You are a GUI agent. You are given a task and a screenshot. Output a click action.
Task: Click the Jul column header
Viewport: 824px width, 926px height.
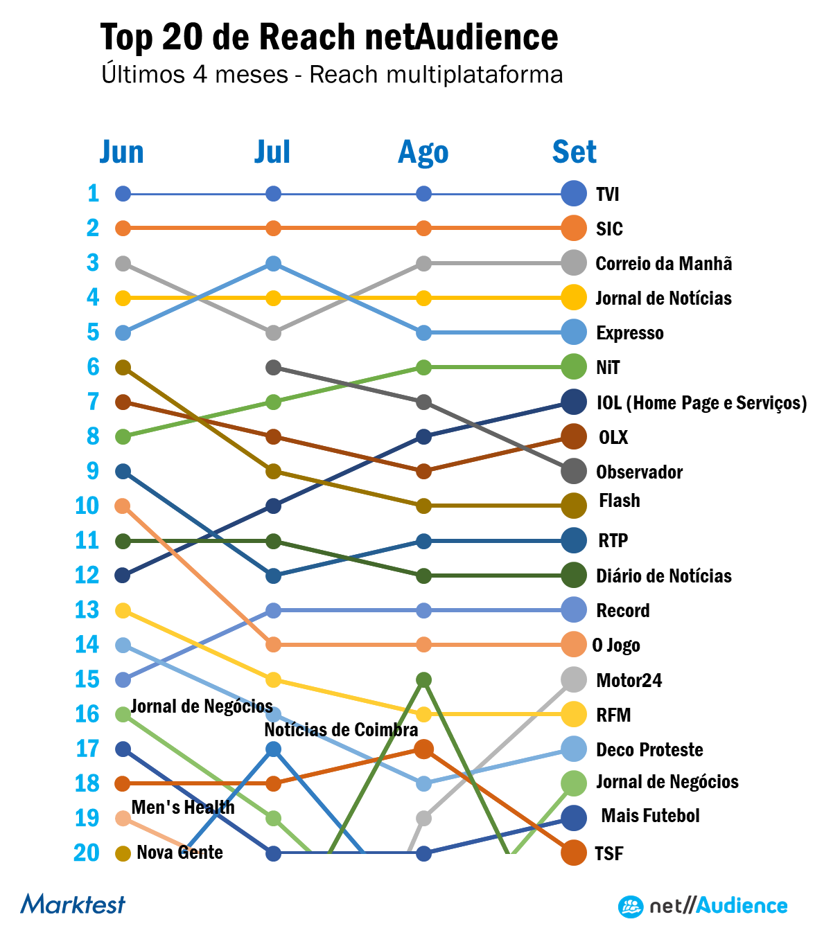[x=272, y=152]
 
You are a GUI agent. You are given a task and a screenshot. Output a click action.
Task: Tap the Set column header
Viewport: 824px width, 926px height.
[x=574, y=152]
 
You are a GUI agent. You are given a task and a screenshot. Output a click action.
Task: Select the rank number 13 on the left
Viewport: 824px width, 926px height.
[x=87, y=610]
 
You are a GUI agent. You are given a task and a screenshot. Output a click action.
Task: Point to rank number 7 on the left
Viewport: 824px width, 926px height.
[x=93, y=402]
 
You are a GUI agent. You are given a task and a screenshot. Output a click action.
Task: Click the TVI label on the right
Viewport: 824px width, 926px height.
[x=608, y=194]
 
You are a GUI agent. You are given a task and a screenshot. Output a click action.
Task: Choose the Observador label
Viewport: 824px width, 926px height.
[x=639, y=472]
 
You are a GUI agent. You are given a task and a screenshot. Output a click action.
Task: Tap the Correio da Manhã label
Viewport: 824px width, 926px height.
[x=663, y=264]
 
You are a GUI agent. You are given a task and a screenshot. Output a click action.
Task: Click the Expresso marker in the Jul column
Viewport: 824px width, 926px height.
[x=273, y=263]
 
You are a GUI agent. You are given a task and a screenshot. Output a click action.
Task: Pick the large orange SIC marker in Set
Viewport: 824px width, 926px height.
[x=574, y=228]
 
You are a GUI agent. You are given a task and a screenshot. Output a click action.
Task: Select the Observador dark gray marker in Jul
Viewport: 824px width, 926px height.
[x=273, y=367]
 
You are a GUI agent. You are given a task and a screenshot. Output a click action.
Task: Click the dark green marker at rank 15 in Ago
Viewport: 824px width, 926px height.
[x=424, y=679]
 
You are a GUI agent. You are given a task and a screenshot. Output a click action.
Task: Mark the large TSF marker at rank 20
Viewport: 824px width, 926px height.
[x=574, y=853]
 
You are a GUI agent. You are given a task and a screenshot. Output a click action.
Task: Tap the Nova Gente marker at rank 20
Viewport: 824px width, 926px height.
[x=123, y=853]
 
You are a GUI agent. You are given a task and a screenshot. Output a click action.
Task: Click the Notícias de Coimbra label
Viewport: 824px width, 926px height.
[x=341, y=730]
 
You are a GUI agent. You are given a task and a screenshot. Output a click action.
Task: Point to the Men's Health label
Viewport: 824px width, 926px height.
[x=183, y=808]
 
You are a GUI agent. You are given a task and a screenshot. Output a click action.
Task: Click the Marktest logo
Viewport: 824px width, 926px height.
[x=73, y=904]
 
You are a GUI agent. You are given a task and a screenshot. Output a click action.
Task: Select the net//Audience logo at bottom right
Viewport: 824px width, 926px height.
[x=703, y=906]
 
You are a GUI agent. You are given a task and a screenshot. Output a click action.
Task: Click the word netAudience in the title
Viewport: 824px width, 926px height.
[x=461, y=37]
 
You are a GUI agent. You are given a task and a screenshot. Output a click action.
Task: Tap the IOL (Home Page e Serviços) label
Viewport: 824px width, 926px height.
[x=701, y=403]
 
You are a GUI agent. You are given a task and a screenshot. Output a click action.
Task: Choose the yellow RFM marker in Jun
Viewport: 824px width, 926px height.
[x=123, y=610]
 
